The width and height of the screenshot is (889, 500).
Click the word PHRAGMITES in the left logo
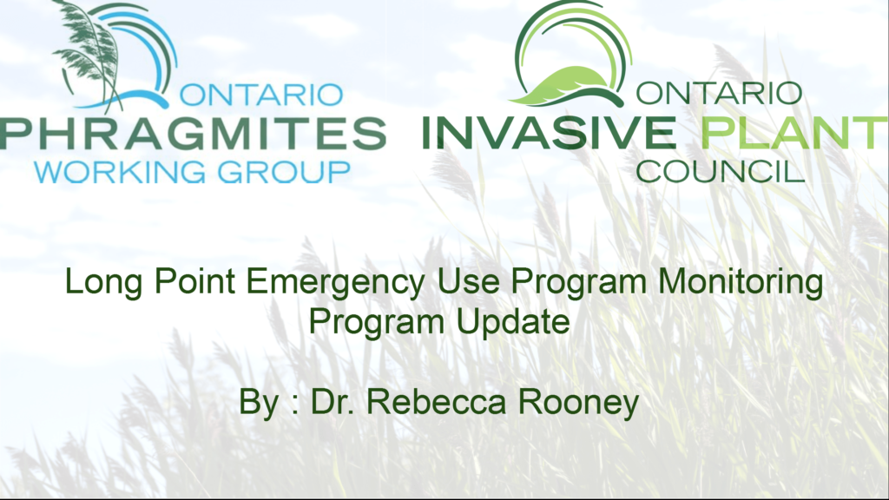pos(193,133)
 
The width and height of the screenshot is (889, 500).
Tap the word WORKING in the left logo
pos(120,173)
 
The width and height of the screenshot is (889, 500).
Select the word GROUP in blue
pos(284,173)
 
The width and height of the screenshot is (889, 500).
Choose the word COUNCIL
pos(721,171)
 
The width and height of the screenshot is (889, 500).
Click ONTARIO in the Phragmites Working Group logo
pos(261,95)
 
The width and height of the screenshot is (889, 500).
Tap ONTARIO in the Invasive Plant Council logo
pos(719,93)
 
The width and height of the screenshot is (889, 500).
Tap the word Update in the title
pos(513,323)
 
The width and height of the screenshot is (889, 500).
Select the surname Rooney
pos(579,404)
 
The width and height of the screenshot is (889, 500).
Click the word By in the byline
pos(259,404)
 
